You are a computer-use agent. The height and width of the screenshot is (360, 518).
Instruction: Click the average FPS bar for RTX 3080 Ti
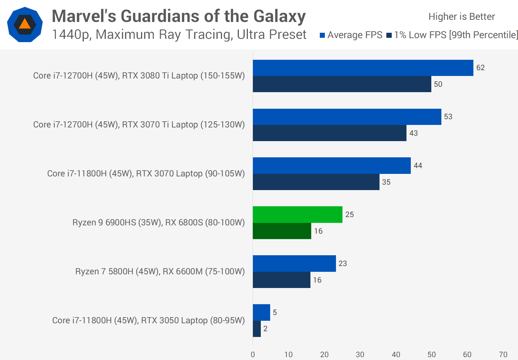[363, 68]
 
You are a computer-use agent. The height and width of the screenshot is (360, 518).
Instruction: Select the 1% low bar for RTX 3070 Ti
[330, 133]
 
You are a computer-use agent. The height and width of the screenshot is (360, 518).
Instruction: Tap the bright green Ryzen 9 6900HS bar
[297, 215]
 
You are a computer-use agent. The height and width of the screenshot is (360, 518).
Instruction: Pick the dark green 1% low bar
[282, 231]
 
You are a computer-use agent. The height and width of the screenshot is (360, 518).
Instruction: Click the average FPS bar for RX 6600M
[294, 264]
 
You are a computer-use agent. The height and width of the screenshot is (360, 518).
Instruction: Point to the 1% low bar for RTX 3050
[257, 329]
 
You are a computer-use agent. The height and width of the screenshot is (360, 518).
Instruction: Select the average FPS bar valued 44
[332, 166]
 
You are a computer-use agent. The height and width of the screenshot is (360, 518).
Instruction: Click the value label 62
[480, 68]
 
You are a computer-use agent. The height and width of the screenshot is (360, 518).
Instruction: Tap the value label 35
[386, 182]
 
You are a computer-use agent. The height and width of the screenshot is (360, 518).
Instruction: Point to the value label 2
[265, 329]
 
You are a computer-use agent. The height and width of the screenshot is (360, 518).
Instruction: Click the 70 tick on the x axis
[503, 355]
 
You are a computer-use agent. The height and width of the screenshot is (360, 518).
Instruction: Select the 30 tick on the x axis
[360, 355]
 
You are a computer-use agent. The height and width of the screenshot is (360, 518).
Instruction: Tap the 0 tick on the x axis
[253, 355]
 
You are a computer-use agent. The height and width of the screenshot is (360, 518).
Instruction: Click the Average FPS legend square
[322, 35]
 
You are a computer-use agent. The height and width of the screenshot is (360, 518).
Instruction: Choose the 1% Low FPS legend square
[389, 35]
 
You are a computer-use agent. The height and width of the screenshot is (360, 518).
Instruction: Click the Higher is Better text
[462, 17]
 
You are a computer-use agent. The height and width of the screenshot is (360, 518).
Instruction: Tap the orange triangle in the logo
[25, 24]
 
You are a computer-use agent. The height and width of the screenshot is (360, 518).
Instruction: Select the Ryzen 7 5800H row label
[160, 271]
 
